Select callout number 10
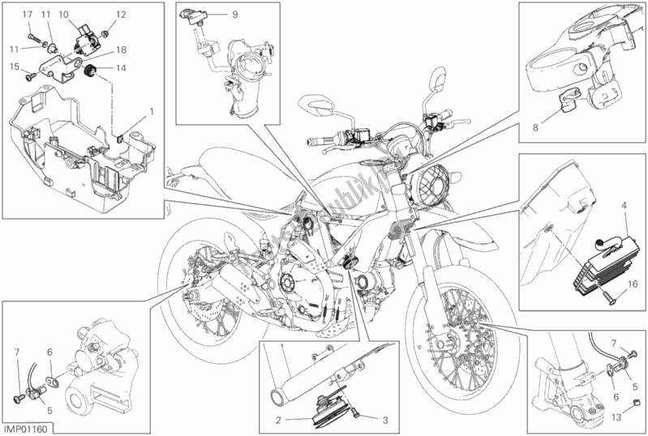coord(63,14)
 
